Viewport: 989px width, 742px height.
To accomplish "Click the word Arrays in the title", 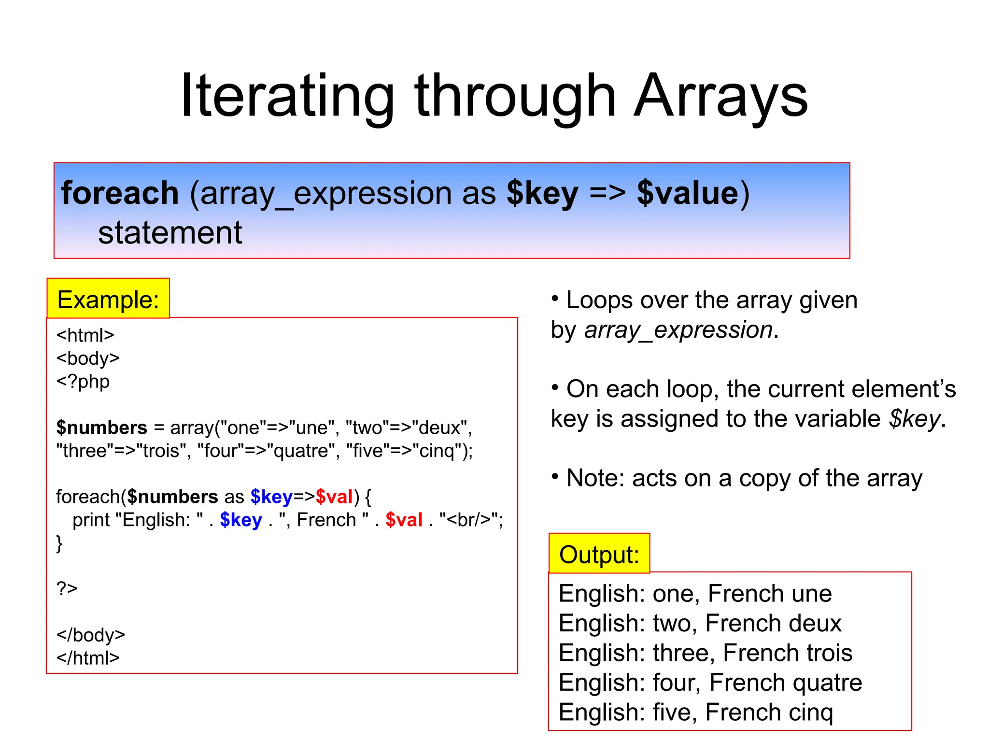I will click(721, 97).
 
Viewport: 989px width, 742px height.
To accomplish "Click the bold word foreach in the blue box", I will click(120, 193).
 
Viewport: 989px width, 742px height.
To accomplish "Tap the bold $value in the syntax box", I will click(688, 193).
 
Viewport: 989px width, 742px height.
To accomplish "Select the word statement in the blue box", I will click(170, 233).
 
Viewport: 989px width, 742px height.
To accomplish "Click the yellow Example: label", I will click(108, 300).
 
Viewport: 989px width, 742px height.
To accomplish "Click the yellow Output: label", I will click(599, 554).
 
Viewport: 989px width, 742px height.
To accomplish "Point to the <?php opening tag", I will click(83, 382).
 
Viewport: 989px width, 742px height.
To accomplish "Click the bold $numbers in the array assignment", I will click(101, 428).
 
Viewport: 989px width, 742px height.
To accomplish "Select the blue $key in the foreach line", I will click(271, 497).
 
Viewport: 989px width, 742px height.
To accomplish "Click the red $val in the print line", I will click(404, 520).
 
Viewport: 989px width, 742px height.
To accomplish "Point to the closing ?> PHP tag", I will click(67, 588).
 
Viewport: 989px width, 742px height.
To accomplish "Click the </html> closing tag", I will click(88, 658).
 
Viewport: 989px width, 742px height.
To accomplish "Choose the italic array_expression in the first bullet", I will click(678, 330).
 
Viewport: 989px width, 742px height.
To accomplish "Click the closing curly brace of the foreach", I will click(59, 543).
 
